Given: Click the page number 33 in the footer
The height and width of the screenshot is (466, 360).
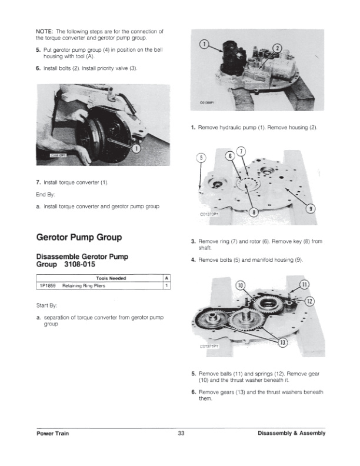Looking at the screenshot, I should click(181, 434).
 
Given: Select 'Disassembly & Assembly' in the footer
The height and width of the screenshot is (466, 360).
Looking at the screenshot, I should click(291, 434).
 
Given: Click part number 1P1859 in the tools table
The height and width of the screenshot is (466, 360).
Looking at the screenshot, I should click(47, 286).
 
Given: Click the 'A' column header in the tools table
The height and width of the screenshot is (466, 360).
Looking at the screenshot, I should click(167, 278).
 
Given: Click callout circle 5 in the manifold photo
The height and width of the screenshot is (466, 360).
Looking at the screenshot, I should click(201, 157).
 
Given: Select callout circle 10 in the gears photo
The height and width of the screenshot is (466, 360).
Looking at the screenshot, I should click(240, 286).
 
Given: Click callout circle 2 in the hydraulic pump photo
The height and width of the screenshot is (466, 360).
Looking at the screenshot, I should click(278, 48).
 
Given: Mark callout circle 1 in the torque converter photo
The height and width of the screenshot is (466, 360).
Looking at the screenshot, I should click(136, 148).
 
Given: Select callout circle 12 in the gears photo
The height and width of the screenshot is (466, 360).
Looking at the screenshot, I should click(311, 302).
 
